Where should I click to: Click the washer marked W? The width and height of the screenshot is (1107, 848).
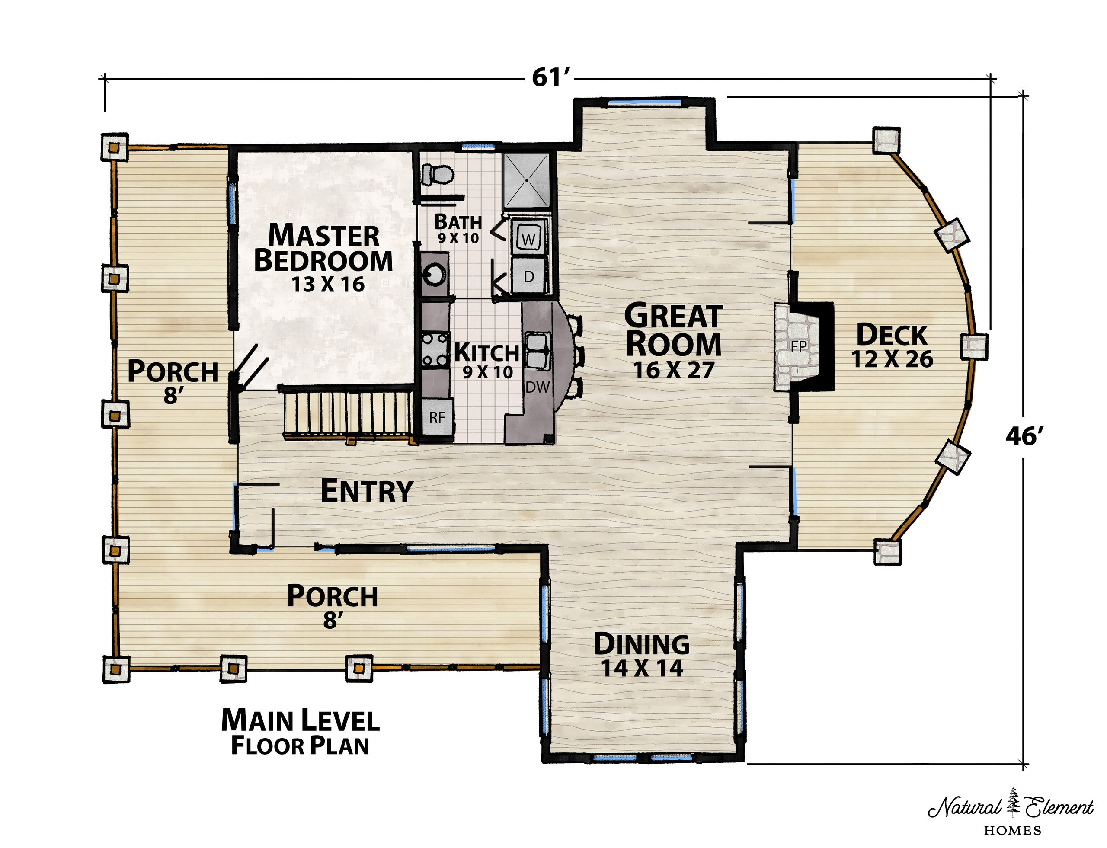(x=528, y=237)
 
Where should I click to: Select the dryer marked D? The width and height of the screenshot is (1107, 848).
(x=528, y=275)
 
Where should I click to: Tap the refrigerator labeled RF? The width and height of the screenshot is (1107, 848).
(x=437, y=417)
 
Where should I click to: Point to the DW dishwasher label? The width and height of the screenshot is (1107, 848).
(x=537, y=387)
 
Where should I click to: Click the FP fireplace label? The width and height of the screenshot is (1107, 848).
(x=799, y=346)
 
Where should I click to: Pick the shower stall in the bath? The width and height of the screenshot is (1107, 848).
(x=527, y=180)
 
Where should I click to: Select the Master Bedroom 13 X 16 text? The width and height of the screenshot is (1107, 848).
(x=323, y=257)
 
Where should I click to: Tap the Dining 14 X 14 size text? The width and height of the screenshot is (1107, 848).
(x=642, y=669)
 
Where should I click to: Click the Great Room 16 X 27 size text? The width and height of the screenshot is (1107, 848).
(x=674, y=371)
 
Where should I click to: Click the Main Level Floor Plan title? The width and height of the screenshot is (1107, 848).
(x=301, y=732)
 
